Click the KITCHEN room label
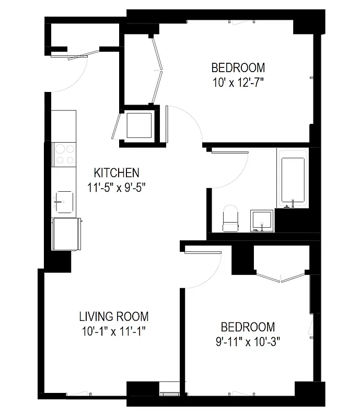tap(117, 172)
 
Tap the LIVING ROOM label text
tap(113, 317)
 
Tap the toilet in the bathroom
tap(230, 218)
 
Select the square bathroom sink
tap(261, 220)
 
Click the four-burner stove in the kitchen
tap(64, 154)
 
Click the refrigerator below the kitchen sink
tap(66, 234)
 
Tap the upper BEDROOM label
tap(238, 67)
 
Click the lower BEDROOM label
tap(248, 327)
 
